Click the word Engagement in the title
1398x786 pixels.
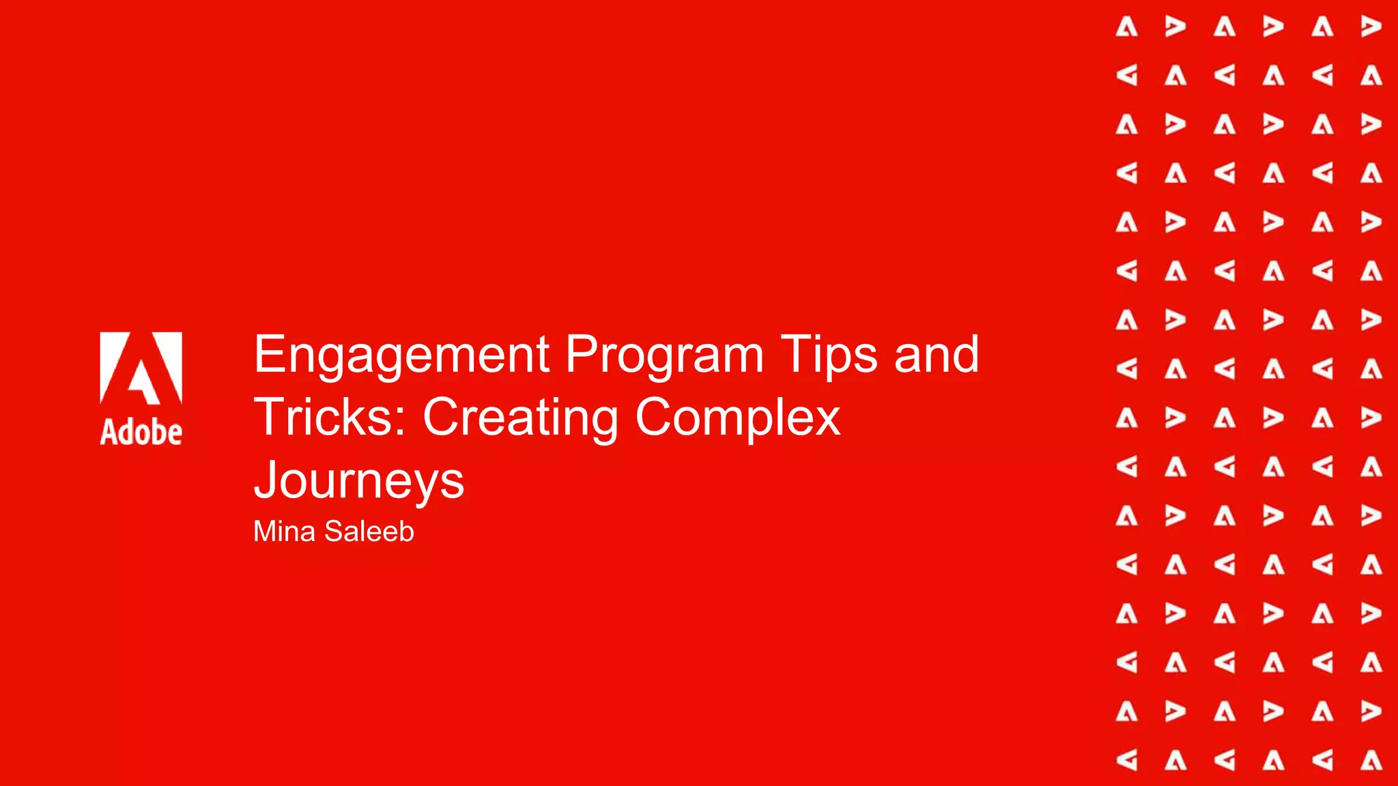pos(401,355)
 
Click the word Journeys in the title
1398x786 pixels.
pos(359,481)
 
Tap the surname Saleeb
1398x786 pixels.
pos(369,532)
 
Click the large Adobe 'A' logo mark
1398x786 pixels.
pos(141,368)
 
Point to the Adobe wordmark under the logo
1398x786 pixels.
pos(141,433)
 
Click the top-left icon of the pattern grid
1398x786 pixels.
pos(1126,27)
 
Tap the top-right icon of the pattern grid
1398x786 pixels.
pos(1371,27)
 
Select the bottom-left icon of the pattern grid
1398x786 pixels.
pos(1126,759)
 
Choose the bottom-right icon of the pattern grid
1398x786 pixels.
pos(1371,759)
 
